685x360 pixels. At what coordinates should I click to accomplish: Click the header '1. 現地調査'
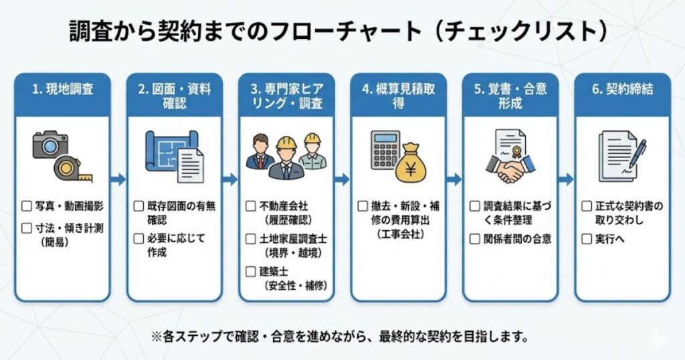pyautogui.click(x=62, y=90)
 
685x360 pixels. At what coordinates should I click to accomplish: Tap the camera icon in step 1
pyautogui.click(x=50, y=145)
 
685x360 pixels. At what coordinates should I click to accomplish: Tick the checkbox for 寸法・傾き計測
pyautogui.click(x=27, y=228)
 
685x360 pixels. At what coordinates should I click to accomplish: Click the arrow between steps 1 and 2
pyautogui.click(x=118, y=179)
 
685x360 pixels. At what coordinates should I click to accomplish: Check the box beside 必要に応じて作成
pyautogui.click(x=139, y=238)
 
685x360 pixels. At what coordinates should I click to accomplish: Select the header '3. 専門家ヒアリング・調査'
pyautogui.click(x=286, y=96)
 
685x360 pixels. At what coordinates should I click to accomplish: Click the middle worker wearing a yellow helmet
pyautogui.click(x=286, y=158)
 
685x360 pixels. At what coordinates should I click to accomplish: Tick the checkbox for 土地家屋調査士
pyautogui.click(x=251, y=239)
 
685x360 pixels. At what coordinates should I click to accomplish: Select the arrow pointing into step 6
pyautogui.click(x=565, y=179)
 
